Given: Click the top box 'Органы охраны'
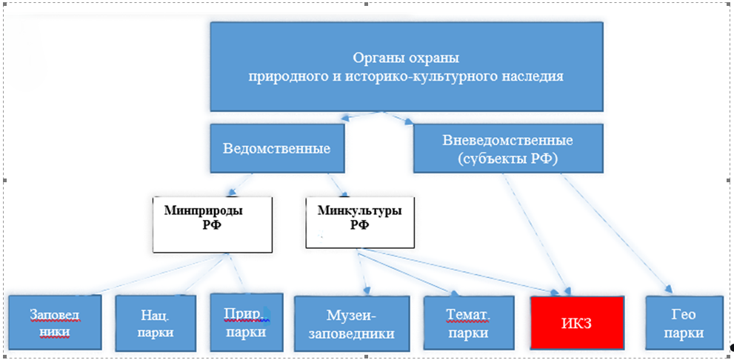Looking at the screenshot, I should click(406, 66).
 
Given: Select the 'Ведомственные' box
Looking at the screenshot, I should click(276, 147).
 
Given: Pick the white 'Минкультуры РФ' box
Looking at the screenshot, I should click(359, 222).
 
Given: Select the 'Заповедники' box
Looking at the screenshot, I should click(54, 322).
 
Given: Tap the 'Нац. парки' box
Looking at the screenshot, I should click(156, 322).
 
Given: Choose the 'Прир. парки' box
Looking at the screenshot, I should click(244, 322).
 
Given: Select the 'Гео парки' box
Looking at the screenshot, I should click(684, 322).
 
